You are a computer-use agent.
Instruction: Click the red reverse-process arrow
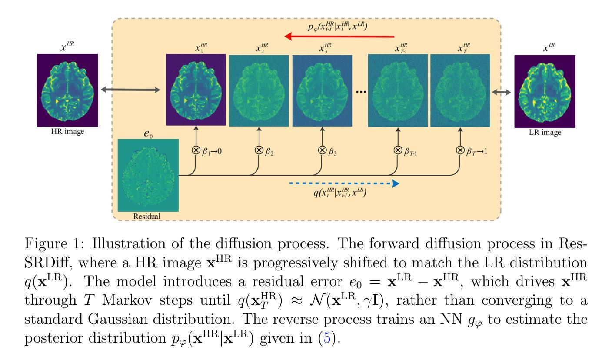click(339, 37)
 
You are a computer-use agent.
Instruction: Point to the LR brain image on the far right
click(545, 91)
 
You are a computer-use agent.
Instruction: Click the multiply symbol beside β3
click(323, 150)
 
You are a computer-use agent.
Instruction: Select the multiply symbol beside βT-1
click(398, 150)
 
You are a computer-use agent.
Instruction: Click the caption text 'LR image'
click(545, 133)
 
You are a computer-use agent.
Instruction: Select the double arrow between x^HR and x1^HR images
click(130, 90)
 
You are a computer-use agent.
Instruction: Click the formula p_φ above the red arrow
click(339, 26)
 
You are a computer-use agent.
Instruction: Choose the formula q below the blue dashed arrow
click(339, 194)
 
